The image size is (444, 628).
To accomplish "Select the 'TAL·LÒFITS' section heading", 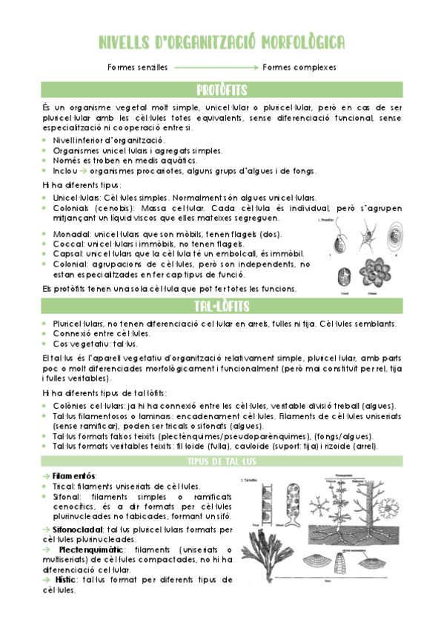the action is point(222,306).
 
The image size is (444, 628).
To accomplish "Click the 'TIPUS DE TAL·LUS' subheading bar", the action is point(222,461).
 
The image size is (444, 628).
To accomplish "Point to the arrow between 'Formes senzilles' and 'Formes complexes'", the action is point(216,67).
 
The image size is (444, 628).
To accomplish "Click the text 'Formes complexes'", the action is point(299,67).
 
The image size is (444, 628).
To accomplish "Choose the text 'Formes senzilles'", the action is point(137,67).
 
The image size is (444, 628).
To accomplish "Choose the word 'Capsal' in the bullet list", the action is point(65,254).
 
